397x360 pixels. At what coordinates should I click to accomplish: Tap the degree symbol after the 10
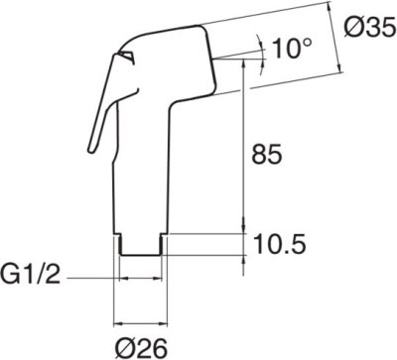308,42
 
